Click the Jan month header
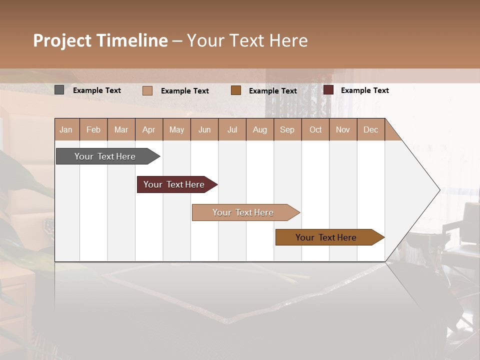tap(66, 129)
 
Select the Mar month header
tap(121, 129)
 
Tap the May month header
tap(176, 129)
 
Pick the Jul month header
tap(232, 129)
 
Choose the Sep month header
tap(287, 129)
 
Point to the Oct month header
tap(315, 129)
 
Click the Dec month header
tap(370, 129)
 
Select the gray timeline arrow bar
tap(105, 156)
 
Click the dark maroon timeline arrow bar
tap(174, 184)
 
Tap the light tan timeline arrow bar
tap(243, 212)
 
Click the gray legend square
tap(59, 90)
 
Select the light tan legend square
tap(147, 90)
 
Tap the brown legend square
tap(236, 90)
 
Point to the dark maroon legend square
tap(328, 90)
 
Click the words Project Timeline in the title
tap(100, 40)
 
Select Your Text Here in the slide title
tap(247, 40)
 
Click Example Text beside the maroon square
tap(364, 90)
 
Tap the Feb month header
tap(93, 129)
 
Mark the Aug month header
tap(259, 129)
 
